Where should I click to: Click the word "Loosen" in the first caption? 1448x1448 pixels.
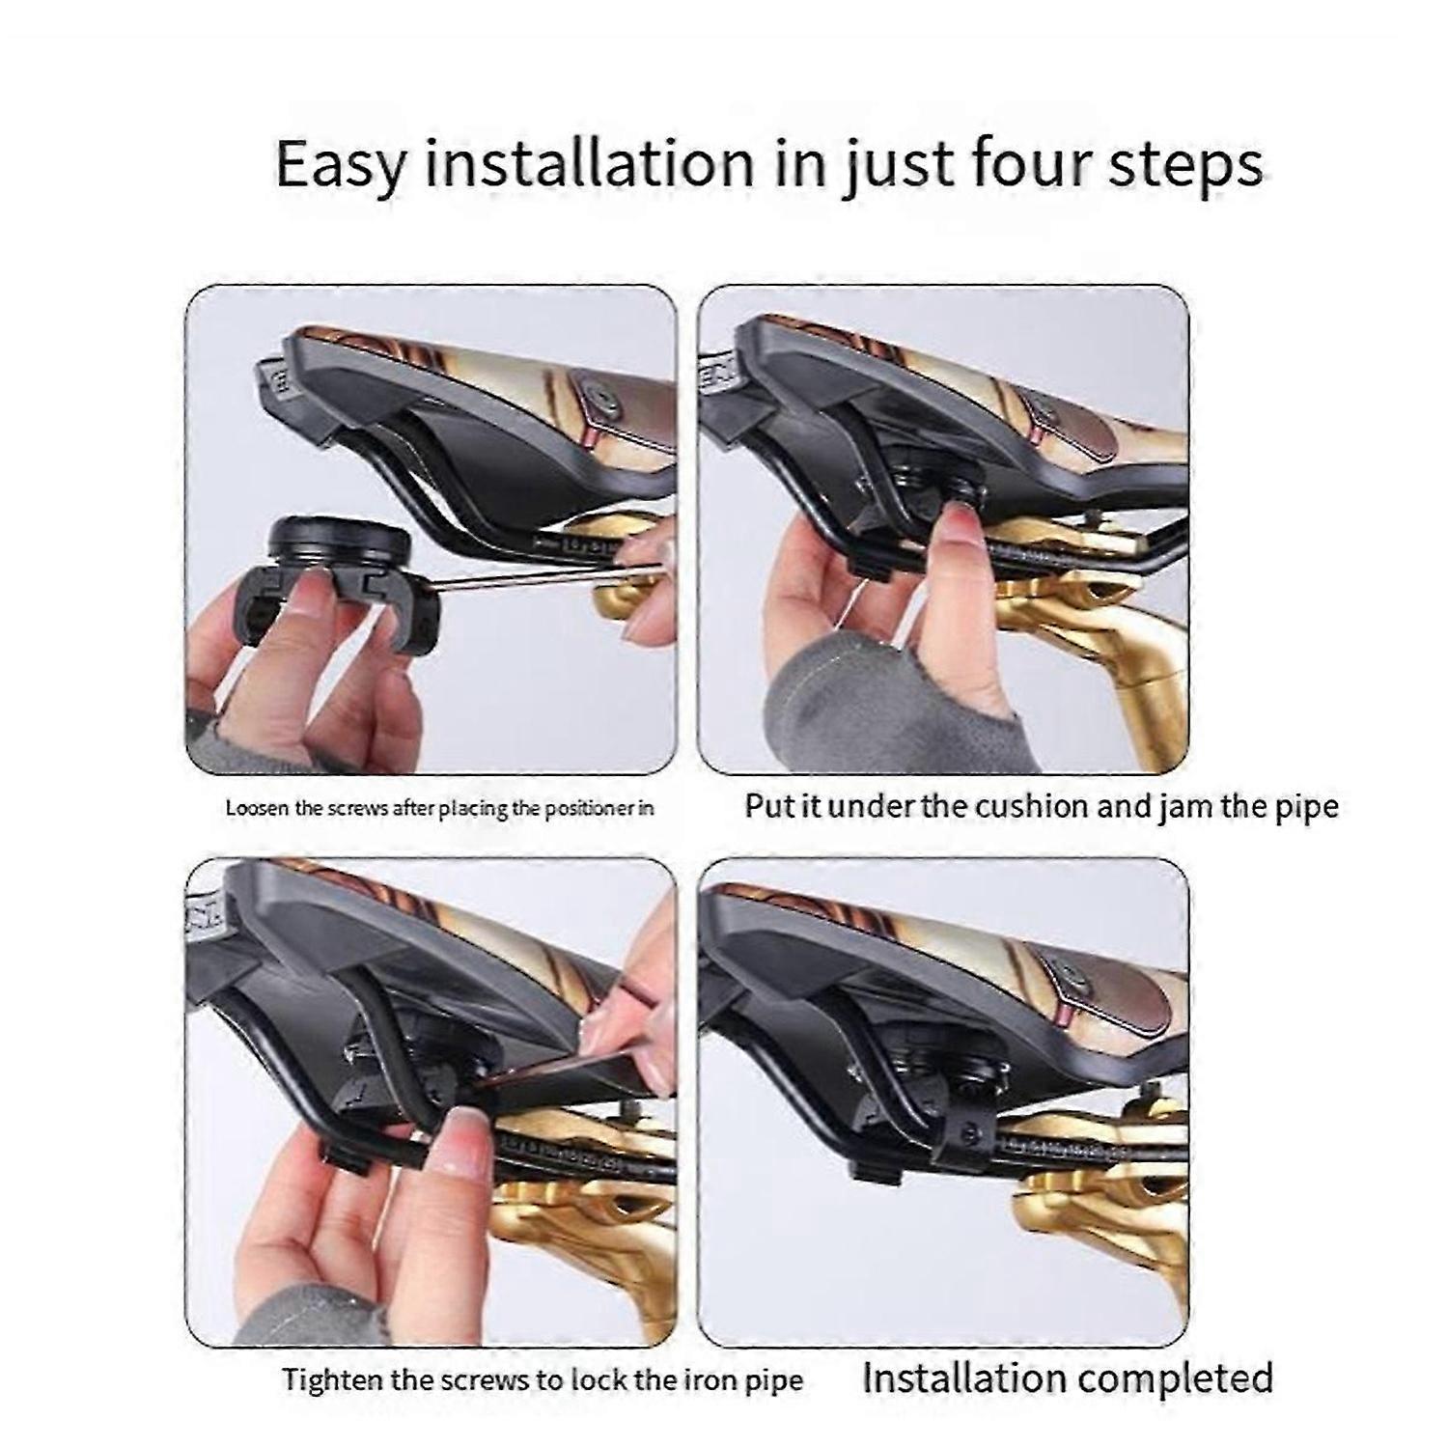pos(257,808)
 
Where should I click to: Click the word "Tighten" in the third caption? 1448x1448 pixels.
pos(320,1379)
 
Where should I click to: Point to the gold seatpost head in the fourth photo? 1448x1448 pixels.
pos(1110,1187)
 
